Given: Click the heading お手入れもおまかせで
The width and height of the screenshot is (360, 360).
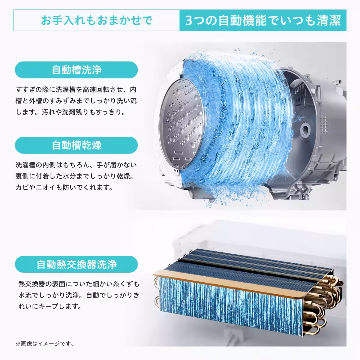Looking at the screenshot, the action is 97,20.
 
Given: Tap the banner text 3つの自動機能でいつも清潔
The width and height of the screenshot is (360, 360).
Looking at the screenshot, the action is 263,20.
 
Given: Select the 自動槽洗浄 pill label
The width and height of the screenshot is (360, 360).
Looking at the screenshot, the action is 76,70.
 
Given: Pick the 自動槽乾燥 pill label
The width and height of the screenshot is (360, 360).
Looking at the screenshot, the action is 76,145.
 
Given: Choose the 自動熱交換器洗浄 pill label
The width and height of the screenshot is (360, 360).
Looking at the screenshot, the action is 76,264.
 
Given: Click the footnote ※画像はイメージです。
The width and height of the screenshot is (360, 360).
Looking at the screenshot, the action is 45,343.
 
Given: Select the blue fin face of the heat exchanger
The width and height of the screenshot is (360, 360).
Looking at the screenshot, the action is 230,306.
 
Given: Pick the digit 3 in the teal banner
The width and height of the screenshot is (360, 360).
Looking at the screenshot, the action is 189,21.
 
